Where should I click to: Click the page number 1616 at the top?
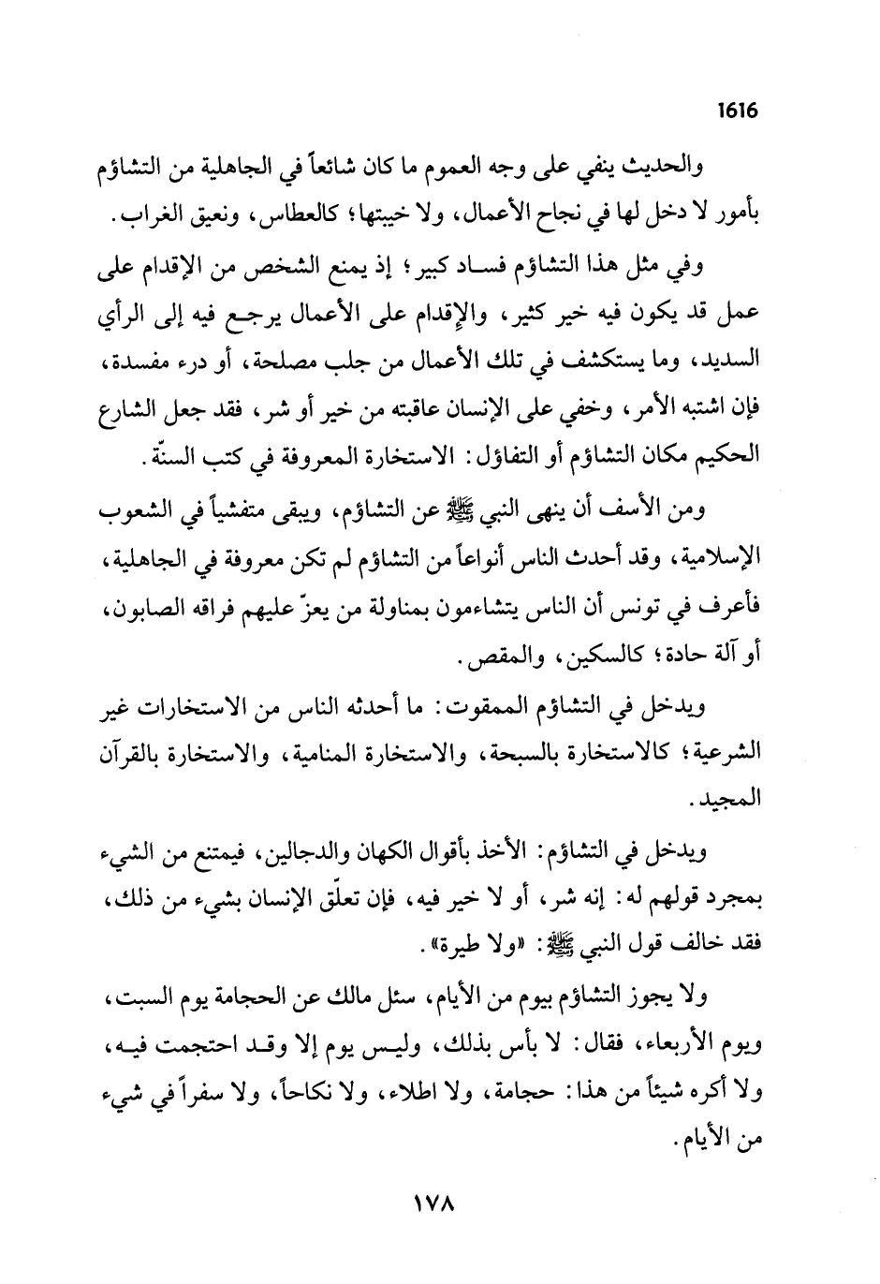pyautogui.click(x=737, y=111)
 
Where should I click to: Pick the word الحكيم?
pyautogui.click(x=731, y=459)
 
